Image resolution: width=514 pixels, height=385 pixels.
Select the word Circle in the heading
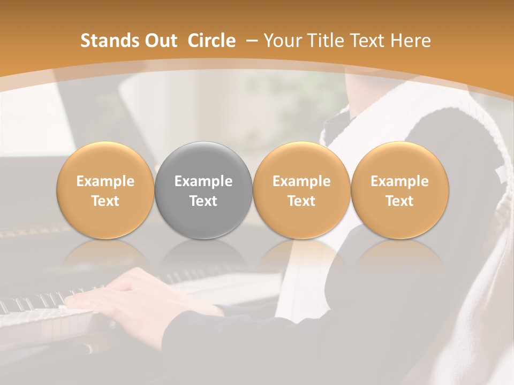(x=211, y=41)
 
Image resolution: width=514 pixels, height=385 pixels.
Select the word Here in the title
(x=412, y=41)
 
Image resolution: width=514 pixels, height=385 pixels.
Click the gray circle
(x=203, y=190)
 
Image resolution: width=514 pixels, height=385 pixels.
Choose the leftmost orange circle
(x=105, y=190)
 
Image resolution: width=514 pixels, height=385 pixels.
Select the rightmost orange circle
(x=399, y=190)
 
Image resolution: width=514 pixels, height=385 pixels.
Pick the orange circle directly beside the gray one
(x=301, y=190)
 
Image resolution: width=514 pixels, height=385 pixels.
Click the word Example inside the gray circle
(x=203, y=181)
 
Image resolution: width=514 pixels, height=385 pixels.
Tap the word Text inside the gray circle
(x=203, y=201)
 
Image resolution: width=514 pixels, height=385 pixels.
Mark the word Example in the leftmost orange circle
(x=105, y=181)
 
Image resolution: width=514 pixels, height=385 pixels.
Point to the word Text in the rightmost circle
(x=399, y=201)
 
